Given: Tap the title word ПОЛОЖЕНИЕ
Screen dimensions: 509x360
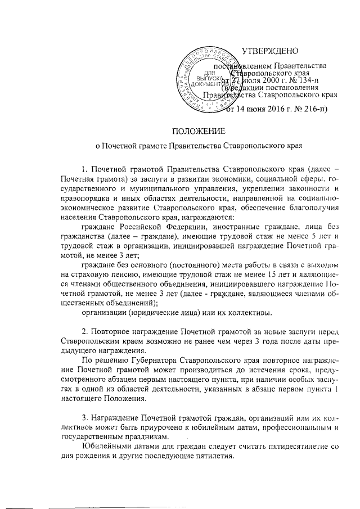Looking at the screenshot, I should click(x=198, y=132).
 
